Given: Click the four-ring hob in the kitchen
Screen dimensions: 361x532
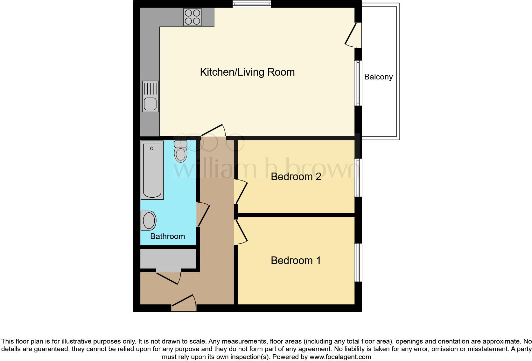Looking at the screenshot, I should [192, 17].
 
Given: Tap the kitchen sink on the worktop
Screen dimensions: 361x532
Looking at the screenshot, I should [150, 96].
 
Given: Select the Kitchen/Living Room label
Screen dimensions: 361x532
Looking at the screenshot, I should [247, 72].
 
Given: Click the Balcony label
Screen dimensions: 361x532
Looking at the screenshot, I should [378, 77].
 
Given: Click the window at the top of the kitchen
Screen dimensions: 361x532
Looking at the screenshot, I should [251, 4].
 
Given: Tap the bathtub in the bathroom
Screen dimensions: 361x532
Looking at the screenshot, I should [152, 170].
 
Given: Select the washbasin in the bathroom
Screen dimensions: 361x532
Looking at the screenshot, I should [149, 220].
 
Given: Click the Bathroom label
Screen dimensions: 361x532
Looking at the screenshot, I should [167, 236].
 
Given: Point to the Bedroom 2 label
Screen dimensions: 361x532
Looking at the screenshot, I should [296, 177].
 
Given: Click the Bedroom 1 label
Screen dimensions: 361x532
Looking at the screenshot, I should [296, 261].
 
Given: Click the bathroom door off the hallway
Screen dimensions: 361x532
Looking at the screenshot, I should [203, 215].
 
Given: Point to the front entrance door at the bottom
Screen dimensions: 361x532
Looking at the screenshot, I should [184, 304].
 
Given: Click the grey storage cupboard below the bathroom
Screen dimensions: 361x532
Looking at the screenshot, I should [168, 259].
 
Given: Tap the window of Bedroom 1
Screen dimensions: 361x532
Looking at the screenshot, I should [358, 262].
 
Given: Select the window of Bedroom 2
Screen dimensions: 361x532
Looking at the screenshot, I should [358, 178].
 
